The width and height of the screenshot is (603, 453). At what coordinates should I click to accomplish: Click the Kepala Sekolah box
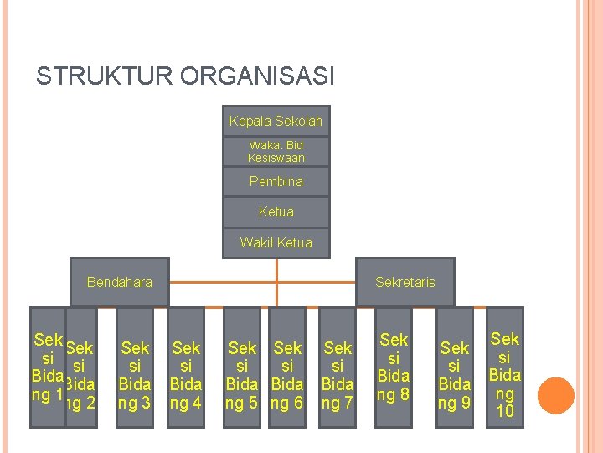276,122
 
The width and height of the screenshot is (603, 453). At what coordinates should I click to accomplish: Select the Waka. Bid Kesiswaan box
276,152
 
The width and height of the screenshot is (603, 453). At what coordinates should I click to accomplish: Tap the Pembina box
276,181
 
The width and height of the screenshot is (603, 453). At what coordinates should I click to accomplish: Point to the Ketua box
276,212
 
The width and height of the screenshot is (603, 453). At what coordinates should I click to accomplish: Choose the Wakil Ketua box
276,242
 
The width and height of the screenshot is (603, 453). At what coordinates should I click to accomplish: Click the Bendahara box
120,282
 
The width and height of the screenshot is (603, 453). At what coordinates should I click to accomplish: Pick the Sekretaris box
405,282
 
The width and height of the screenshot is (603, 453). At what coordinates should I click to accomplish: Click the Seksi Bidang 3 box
135,369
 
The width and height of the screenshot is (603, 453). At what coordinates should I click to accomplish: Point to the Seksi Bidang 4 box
186,369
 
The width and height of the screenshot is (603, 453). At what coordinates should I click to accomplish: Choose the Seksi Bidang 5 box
242,369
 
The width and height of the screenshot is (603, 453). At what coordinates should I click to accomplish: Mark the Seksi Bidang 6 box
287,369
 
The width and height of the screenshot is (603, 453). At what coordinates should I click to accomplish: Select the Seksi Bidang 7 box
338,369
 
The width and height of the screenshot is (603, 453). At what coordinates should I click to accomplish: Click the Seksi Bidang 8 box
394,366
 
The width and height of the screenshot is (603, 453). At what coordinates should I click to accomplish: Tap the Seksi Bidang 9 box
455,369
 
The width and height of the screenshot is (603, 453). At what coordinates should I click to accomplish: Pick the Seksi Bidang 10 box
505,369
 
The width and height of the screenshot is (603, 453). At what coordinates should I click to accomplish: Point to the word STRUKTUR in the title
86,77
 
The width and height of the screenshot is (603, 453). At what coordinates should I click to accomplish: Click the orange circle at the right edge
555,396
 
